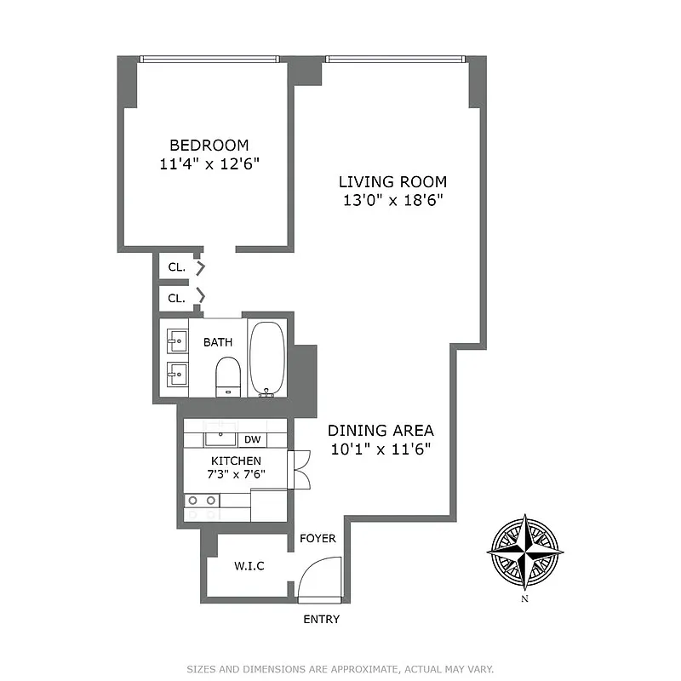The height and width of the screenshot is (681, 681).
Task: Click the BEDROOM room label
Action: pos(209,145)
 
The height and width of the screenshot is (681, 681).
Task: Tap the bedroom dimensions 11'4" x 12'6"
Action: pos(209,164)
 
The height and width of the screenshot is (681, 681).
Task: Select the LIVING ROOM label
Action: pos(392,181)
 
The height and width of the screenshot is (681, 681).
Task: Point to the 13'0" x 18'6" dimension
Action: pos(392,201)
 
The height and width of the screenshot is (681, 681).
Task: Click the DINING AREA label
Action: pos(381,430)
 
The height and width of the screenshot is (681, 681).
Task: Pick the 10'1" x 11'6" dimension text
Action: pos(381,449)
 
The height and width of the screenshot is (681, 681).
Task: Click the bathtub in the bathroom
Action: pos(270,358)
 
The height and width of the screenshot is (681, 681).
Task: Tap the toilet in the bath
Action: pos(227,375)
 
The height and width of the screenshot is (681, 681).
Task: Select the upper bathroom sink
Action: pos(177,341)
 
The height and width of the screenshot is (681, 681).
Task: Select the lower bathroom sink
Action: pos(177,373)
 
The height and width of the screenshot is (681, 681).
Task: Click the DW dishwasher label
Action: pos(252,440)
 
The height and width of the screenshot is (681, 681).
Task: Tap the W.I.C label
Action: pos(249,566)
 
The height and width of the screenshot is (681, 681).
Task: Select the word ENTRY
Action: pos(321,620)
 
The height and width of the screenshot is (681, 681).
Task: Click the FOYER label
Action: pos(318,539)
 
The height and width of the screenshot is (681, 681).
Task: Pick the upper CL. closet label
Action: pos(176,267)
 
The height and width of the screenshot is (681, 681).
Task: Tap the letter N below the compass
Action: pos(525,599)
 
